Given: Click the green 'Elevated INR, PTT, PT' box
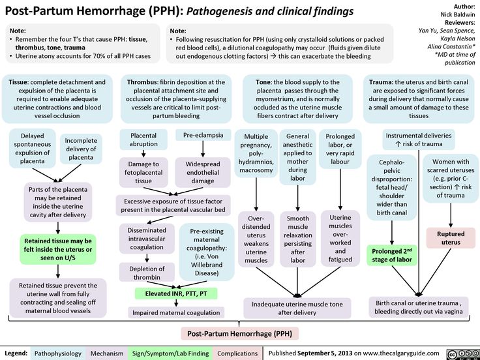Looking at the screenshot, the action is [x=176, y=294].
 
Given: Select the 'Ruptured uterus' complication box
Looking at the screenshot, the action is [x=451, y=238].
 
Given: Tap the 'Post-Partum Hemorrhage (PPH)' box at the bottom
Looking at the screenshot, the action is [x=239, y=333].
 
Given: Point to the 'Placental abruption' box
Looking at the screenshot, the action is [x=143, y=140].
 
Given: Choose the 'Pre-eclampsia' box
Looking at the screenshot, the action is [x=203, y=135].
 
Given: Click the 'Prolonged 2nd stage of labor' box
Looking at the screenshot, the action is [x=392, y=255].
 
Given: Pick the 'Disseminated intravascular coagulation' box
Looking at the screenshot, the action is [x=147, y=239].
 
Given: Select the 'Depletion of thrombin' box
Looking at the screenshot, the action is [x=147, y=273].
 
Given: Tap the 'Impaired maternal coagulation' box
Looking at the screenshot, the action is [x=176, y=312].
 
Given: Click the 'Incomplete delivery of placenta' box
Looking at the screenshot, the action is [x=81, y=149].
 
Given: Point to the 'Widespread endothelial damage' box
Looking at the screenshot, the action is [x=203, y=172].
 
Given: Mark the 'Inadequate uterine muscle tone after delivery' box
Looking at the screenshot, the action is [x=297, y=308].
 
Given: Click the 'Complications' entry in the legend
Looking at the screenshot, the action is [x=237, y=353].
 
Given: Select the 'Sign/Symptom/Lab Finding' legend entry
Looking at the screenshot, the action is [x=170, y=353].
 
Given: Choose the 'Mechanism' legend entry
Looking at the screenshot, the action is [x=107, y=353].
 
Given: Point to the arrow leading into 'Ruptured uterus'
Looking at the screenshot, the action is [x=451, y=215].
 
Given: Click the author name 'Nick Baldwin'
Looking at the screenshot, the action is [x=458, y=14].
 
